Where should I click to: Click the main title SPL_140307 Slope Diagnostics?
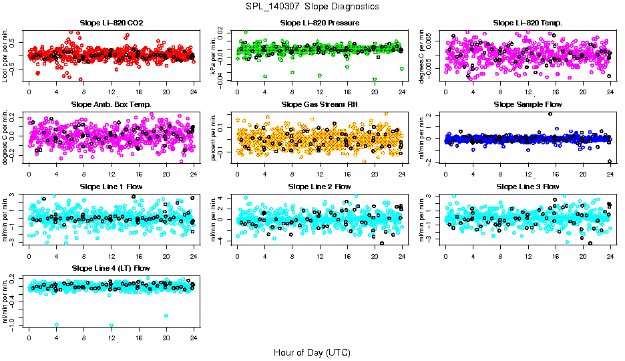[312, 7]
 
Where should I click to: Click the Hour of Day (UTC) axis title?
[312, 352]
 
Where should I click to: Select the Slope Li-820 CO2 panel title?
[111, 23]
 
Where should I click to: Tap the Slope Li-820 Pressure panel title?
[320, 23]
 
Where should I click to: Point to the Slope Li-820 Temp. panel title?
[528, 23]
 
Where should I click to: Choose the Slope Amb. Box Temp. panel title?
[111, 105]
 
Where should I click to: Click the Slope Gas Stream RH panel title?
[320, 105]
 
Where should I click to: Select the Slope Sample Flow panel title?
[528, 105]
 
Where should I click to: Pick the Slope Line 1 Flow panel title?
[111, 187]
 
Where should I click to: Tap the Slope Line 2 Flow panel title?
[320, 187]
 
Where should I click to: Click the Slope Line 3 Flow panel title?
[528, 187]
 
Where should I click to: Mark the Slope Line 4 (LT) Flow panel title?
[111, 269]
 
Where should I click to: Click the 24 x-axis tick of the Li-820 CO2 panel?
[194, 91]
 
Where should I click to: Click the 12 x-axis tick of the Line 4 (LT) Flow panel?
[111, 336]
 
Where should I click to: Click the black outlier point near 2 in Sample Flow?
[550, 114]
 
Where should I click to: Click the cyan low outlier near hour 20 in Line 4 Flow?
[166, 316]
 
